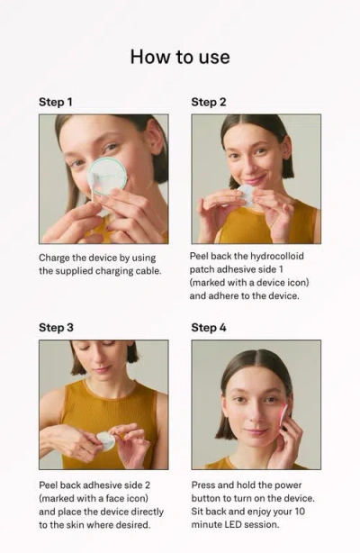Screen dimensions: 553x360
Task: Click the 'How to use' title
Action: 180,57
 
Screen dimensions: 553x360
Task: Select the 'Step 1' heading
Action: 56,102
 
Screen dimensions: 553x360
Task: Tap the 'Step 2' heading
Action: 209,102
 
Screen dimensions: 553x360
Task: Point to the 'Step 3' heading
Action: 56,328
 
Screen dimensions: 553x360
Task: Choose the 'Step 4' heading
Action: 209,328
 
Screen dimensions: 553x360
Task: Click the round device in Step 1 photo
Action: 107,176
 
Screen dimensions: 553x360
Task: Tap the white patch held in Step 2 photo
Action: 246,194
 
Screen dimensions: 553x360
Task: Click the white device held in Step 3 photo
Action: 105,440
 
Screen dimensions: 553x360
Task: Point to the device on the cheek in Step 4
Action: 284,413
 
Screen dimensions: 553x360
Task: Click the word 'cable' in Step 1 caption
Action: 146,270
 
